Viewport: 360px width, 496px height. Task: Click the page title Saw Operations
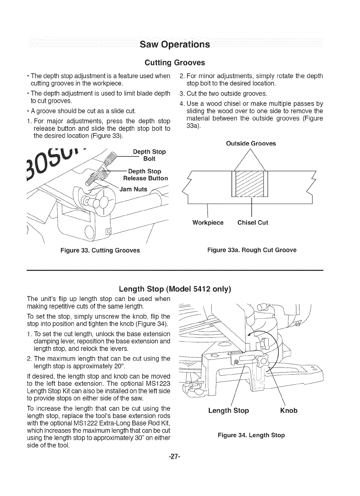[175, 44]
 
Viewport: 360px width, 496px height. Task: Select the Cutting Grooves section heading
[174, 62]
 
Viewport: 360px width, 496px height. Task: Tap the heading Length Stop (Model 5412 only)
[175, 289]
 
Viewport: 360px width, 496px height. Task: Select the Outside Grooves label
[251, 143]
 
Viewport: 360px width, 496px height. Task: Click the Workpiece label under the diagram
[208, 223]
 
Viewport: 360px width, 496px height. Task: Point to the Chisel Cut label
[252, 223]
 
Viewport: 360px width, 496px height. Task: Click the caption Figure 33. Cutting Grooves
[100, 250]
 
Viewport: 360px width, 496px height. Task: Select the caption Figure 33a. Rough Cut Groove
[252, 250]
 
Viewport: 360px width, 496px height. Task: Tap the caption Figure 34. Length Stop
[251, 435]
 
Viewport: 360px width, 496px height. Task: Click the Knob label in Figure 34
[288, 410]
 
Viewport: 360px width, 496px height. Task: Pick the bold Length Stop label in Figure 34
[228, 410]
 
